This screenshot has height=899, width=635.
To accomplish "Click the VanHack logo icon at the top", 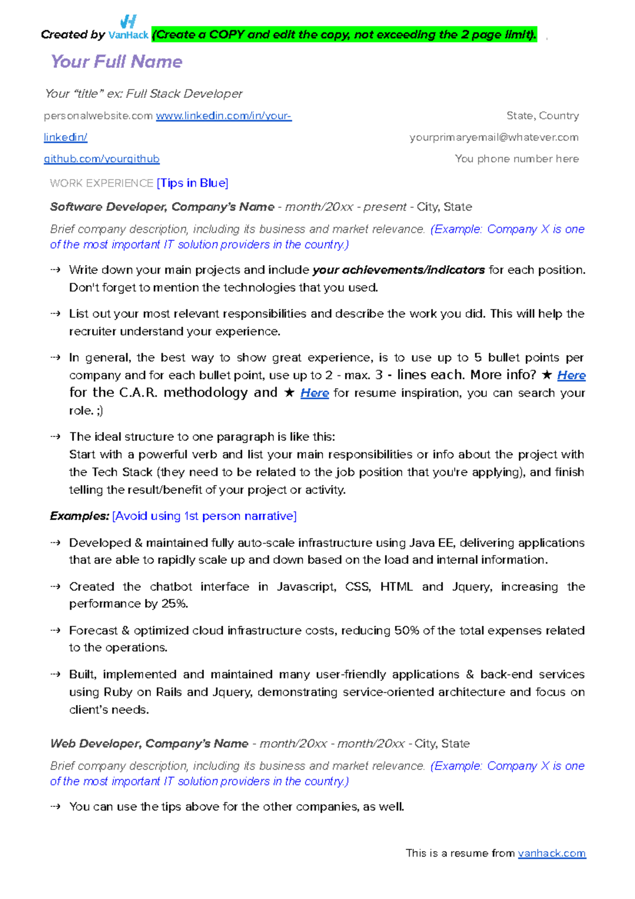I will [x=129, y=22].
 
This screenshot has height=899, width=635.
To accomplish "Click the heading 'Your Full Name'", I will [x=116, y=62].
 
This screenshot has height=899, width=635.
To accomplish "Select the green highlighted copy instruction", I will [x=344, y=35].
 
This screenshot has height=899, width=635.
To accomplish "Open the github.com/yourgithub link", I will [x=102, y=159].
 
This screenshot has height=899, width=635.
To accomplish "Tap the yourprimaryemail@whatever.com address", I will [x=494, y=137].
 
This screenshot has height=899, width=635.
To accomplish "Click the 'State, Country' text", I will [x=542, y=115].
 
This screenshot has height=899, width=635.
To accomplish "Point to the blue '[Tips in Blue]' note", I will [x=193, y=183].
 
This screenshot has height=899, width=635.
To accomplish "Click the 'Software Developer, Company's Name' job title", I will [x=162, y=207].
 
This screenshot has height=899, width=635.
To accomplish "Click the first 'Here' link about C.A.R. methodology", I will [x=571, y=375].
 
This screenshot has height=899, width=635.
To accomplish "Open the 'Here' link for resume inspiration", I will [x=314, y=393].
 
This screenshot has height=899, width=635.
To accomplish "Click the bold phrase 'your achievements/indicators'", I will [x=398, y=270].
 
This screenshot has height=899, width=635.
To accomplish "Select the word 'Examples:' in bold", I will [x=79, y=516].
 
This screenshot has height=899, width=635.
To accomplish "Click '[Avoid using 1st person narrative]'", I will [x=204, y=516].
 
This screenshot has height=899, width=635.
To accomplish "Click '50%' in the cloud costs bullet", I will [x=406, y=631].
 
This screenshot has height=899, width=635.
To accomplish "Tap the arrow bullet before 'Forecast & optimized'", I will [x=56, y=631].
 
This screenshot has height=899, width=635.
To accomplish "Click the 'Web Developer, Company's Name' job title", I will [x=149, y=744].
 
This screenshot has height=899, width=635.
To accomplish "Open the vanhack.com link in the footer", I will [x=551, y=853].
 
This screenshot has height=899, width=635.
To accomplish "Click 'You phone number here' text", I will [x=516, y=159].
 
